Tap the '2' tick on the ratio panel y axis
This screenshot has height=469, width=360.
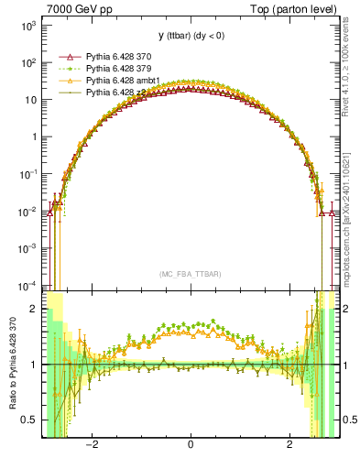[x=35, y=310]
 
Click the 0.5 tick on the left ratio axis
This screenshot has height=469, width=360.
[x=31, y=420]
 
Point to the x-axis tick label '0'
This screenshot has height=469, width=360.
[x=190, y=446]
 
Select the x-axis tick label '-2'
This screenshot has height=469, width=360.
[x=91, y=446]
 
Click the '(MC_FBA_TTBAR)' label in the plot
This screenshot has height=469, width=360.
[x=190, y=274]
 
